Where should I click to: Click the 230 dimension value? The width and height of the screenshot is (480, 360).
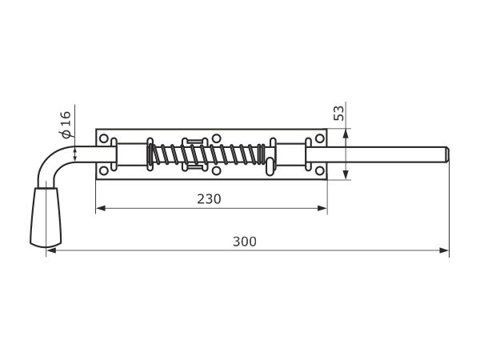click(x=209, y=199)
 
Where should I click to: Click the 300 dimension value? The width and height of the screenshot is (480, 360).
click(x=245, y=242)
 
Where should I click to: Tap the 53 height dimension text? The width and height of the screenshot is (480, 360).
click(x=338, y=114)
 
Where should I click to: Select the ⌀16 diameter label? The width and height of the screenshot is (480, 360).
click(x=66, y=125)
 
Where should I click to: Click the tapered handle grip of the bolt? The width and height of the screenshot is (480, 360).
click(x=46, y=217)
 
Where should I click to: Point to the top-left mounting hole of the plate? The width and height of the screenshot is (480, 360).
click(x=104, y=138)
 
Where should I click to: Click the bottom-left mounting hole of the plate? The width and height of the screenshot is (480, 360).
click(x=104, y=170)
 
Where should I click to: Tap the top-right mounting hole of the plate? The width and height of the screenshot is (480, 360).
click(x=319, y=138)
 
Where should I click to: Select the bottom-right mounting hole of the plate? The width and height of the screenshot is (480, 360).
click(x=319, y=170)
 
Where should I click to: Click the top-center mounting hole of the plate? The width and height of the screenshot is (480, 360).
click(x=217, y=138)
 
